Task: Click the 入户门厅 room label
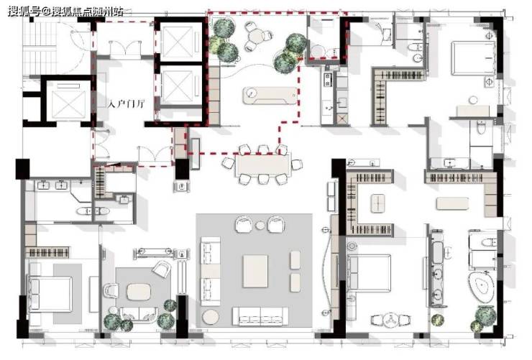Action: [127, 103]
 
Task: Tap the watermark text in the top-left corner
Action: [65, 11]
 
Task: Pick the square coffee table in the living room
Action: [255, 271]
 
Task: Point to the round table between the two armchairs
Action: [260, 225]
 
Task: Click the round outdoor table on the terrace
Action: [257, 35]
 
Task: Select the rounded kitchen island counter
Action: [270, 96]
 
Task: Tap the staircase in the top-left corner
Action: [40, 48]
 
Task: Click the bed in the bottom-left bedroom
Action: [51, 294]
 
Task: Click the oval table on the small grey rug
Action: [139, 292]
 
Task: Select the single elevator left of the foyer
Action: [68, 101]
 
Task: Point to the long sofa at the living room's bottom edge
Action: [260, 317]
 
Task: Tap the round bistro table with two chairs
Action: [390, 320]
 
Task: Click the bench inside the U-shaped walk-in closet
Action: [377, 203]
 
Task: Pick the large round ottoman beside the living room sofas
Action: [211, 318]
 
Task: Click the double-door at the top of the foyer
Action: [126, 48]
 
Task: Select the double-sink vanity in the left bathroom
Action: [52, 185]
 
